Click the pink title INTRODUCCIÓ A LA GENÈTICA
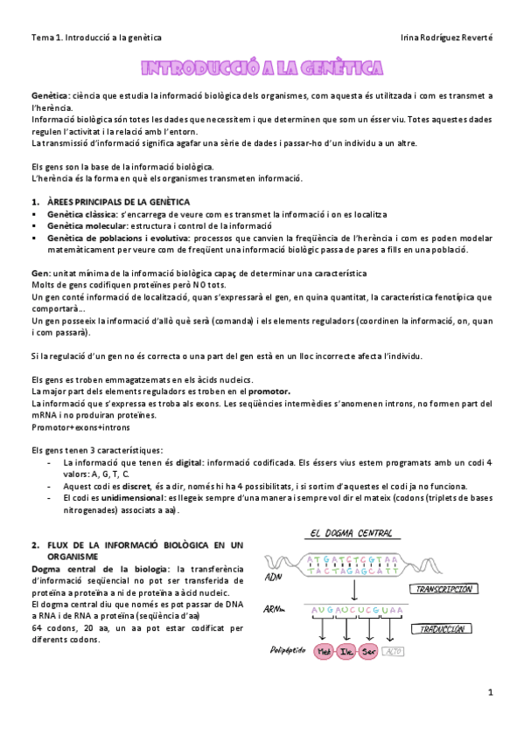coord(262,67)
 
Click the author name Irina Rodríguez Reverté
coord(445,38)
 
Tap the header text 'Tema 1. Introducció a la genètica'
coord(96,38)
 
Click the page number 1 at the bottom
coord(491,692)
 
